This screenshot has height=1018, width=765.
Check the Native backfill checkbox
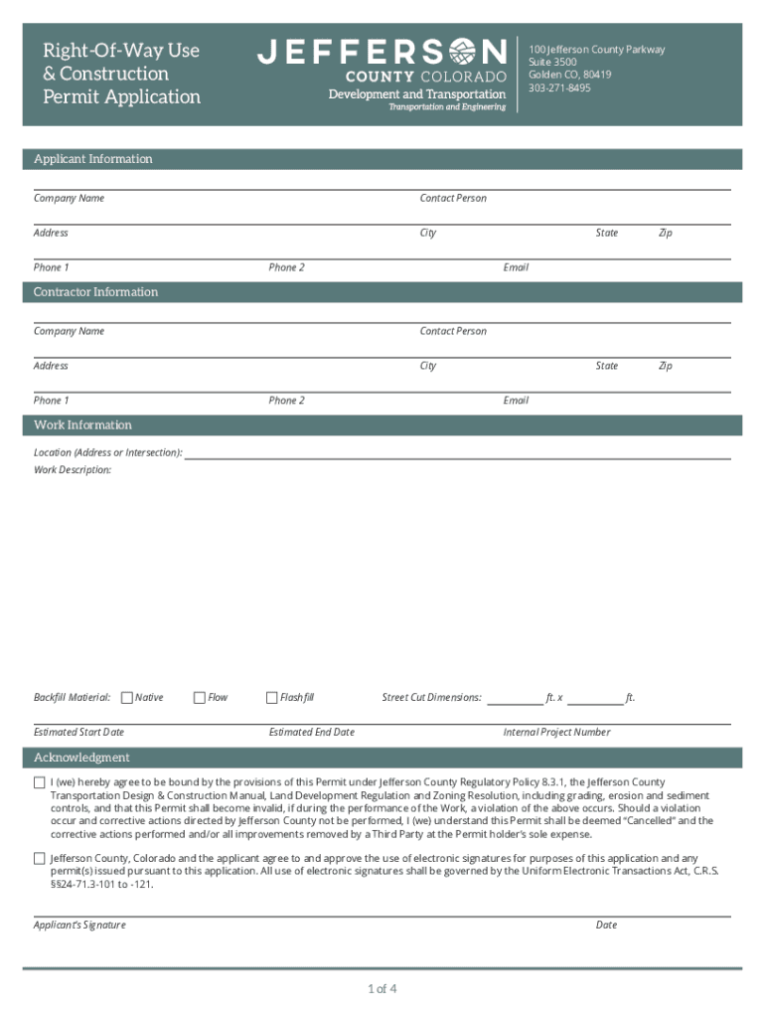click(126, 698)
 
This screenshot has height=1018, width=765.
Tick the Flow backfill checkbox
click(199, 698)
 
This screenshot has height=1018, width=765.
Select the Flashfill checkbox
click(271, 698)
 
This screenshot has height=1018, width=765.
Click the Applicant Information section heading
click(93, 159)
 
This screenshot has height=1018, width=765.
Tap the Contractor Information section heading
click(95, 292)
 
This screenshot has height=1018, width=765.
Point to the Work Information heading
click(82, 425)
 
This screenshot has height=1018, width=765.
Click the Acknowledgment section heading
click(81, 758)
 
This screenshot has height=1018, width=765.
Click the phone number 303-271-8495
click(559, 88)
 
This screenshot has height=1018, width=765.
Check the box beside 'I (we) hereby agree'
click(40, 782)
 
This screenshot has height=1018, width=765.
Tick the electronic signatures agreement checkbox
click(40, 858)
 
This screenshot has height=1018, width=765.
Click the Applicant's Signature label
click(79, 926)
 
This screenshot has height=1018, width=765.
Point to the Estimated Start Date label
click(78, 733)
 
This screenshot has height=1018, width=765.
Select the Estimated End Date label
click(311, 733)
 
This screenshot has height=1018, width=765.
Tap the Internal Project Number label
click(556, 733)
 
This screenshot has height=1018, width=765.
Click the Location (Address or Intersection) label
click(107, 453)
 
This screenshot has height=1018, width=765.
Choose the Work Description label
click(73, 470)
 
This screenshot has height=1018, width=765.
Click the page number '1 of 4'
click(382, 989)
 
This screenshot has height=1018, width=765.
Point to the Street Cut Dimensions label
click(431, 698)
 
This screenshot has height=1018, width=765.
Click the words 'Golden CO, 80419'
click(569, 75)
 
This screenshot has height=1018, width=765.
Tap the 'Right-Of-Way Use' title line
click(121, 51)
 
